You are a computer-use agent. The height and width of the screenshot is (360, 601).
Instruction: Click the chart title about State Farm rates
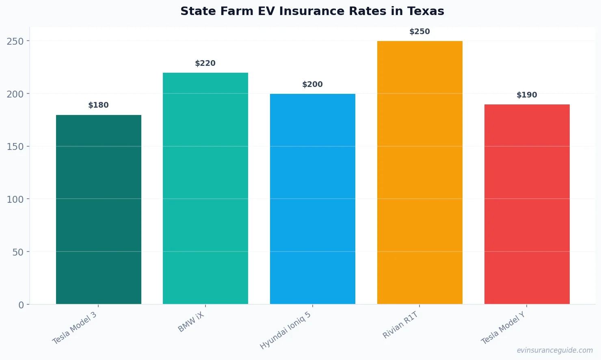coord(312,11)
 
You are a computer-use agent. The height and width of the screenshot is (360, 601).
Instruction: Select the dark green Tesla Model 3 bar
coord(99,209)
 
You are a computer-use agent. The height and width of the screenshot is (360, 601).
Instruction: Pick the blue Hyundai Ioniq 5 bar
coord(313,199)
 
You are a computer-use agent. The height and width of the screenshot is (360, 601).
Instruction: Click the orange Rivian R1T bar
coord(419,172)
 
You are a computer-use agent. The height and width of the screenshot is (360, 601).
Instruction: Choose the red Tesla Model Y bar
coord(527,204)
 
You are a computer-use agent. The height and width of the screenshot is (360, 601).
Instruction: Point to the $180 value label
coord(99,105)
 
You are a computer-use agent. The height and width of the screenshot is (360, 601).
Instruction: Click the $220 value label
coord(205,63)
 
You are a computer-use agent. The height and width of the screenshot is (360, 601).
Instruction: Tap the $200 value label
coord(313,85)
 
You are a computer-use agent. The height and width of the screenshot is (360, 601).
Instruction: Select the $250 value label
coord(419,32)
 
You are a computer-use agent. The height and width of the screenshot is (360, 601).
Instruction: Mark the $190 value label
coord(527,95)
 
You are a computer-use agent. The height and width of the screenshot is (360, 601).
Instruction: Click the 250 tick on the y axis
coord(15,41)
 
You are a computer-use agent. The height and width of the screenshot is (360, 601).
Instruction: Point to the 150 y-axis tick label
coord(15,147)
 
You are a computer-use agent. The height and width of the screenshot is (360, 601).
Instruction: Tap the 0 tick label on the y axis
coord(21,305)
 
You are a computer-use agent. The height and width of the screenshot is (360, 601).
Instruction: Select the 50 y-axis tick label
coord(18,252)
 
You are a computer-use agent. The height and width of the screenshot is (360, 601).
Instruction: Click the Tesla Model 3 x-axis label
coord(75,328)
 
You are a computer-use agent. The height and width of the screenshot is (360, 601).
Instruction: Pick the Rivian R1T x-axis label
coord(400,325)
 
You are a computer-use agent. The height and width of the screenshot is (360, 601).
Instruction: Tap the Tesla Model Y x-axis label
coord(503,328)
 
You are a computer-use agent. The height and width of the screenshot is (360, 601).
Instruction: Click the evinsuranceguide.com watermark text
coord(555,350)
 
